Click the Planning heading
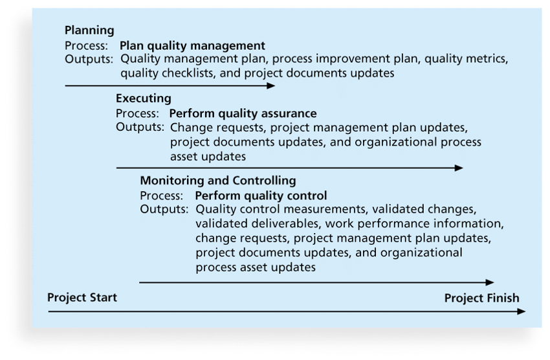(x=89, y=30)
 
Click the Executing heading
(x=144, y=98)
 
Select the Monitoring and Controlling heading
(x=218, y=181)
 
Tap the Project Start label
(x=82, y=298)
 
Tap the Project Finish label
(x=481, y=298)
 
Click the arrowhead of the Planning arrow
(x=271, y=85)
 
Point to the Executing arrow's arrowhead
(x=459, y=168)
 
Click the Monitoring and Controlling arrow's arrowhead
(x=490, y=282)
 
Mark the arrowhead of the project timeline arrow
(x=522, y=311)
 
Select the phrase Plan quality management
(x=193, y=46)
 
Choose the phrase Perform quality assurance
(x=243, y=114)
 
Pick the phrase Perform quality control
(x=261, y=196)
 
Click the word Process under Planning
(x=86, y=45)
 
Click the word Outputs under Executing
(x=140, y=127)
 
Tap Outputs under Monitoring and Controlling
(x=164, y=209)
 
